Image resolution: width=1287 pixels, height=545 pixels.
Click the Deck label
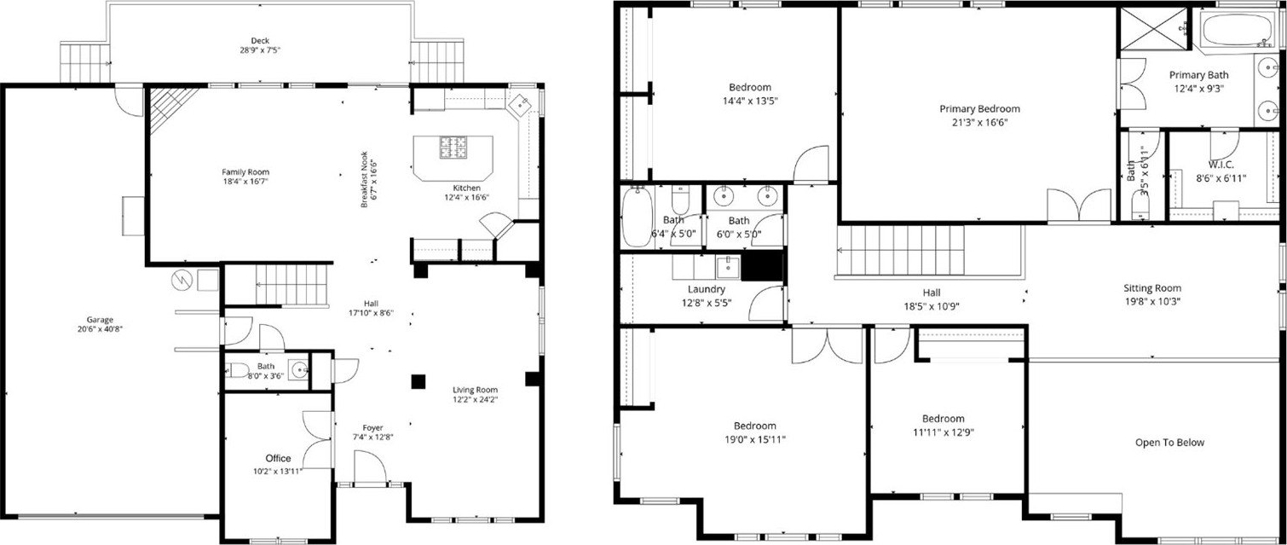click(x=260, y=41)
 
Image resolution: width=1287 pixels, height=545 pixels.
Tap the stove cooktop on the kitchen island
click(x=453, y=148)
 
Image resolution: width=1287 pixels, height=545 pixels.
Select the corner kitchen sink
click(x=522, y=105)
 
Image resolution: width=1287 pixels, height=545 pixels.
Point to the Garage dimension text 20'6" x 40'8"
click(x=100, y=329)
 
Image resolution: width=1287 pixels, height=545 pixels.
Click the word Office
click(x=278, y=458)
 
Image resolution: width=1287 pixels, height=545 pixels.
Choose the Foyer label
click(x=372, y=427)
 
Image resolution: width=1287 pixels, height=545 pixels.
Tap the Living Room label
click(x=475, y=390)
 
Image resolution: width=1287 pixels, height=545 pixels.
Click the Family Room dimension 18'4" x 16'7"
click(x=245, y=181)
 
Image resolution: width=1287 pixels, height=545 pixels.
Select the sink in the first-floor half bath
click(x=299, y=369)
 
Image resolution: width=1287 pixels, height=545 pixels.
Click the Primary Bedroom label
click(x=979, y=108)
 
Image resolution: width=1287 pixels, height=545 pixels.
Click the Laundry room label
click(x=706, y=289)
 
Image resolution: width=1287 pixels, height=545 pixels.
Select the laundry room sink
click(x=728, y=267)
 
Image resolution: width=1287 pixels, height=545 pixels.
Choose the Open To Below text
click(x=1169, y=442)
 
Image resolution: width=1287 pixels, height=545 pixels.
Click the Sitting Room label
click(x=1152, y=288)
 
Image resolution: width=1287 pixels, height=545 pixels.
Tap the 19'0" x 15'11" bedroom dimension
click(x=755, y=440)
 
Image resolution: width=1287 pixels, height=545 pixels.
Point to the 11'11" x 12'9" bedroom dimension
click(x=944, y=432)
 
